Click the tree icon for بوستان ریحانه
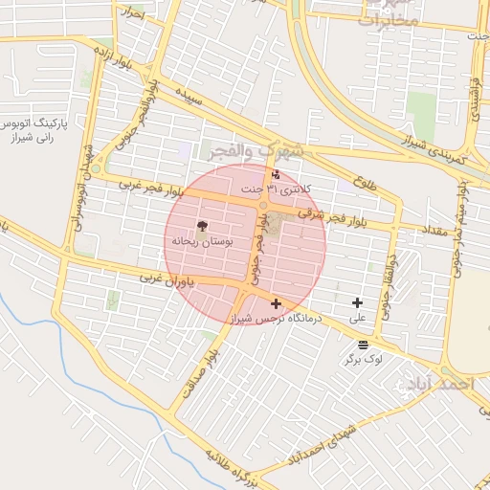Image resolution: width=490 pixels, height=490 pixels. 202,227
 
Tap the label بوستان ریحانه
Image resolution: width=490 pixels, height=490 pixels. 202,242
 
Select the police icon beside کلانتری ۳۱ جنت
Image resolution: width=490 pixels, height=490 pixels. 277,175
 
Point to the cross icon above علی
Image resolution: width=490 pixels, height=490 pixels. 358,302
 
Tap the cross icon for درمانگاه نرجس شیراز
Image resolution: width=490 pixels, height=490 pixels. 277,303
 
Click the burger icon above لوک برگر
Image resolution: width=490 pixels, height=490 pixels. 362,345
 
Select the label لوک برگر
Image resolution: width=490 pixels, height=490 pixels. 364,360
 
